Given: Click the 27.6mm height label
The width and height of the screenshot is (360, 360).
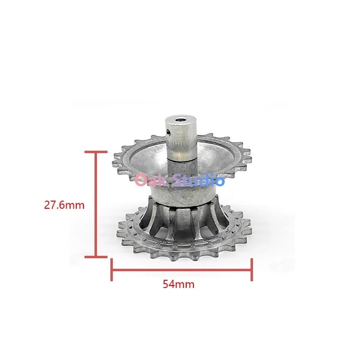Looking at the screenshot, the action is [x=64, y=205].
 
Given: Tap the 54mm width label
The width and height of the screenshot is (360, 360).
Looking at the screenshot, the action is [x=179, y=284].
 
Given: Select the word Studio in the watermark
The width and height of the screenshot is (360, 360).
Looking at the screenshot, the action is [x=198, y=180].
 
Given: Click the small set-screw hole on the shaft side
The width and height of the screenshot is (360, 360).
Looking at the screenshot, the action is [x=169, y=132].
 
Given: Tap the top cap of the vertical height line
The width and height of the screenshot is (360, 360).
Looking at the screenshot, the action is [x=96, y=152].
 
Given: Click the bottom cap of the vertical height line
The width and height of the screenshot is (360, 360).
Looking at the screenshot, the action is [x=96, y=257].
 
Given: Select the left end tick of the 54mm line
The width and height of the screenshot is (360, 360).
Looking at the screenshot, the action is [x=111, y=270].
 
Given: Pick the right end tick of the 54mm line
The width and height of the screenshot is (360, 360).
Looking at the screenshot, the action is [x=252, y=270].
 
